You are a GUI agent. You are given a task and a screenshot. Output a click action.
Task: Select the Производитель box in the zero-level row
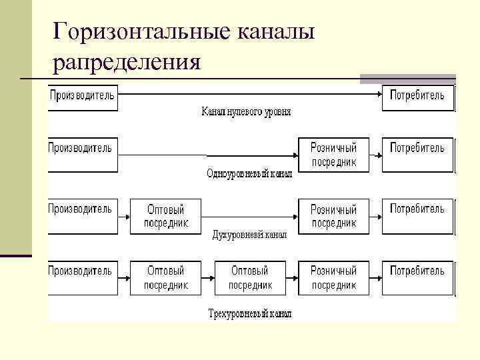tap(83, 97)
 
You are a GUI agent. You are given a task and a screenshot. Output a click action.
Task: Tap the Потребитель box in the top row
tap(417, 97)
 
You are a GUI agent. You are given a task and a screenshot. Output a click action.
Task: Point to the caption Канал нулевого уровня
tap(246, 112)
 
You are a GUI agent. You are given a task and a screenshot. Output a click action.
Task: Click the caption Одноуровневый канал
tap(249, 173)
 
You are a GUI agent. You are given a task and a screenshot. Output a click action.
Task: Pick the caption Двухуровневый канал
tap(249, 235)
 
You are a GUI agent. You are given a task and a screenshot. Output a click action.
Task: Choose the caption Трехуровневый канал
tap(249, 313)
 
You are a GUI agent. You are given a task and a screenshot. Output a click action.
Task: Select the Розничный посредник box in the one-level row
tap(333, 155)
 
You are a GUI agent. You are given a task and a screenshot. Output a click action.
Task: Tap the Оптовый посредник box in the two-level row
tap(166, 216)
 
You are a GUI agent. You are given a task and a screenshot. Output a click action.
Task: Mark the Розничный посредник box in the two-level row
tap(333, 216)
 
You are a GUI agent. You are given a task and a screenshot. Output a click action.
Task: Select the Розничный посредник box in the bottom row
tap(333, 277)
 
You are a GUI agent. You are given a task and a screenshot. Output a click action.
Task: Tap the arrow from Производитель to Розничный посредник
tap(207, 155)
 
